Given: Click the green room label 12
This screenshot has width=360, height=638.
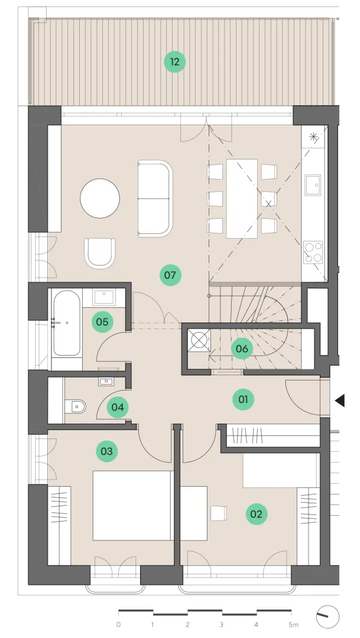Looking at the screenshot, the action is coord(175,62).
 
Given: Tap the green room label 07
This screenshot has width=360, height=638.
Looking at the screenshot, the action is coord(170,275).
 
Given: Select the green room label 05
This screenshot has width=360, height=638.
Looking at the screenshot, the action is coord(102,322).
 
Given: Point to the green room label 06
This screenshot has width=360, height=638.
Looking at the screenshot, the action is coord(242,349).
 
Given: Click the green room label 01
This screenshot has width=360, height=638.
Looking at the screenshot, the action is coord(243,399).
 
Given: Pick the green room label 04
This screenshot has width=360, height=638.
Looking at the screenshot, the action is coord(118,407).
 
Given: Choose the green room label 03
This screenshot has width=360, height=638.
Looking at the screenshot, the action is coord(106,451).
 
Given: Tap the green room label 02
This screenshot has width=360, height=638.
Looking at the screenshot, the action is coord(257,514).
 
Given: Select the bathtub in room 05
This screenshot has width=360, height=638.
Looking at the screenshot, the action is coord(66,323).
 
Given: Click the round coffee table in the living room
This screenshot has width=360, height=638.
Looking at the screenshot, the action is coord(100,199).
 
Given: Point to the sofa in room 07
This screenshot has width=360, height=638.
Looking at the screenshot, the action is coord(155,198).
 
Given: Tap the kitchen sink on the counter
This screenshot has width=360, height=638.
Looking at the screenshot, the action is coord(313,185).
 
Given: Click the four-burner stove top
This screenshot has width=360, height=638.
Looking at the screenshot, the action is coord(313,252).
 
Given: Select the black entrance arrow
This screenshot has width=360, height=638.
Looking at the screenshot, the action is coord(340,401).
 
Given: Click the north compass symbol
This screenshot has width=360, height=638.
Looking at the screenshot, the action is coord(327,617).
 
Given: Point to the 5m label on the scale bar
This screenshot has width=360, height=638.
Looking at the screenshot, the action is coord(293,624).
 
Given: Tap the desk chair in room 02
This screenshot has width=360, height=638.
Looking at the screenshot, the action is coord(219,513).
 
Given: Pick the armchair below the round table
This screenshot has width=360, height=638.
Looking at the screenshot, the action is coord(100,253).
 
